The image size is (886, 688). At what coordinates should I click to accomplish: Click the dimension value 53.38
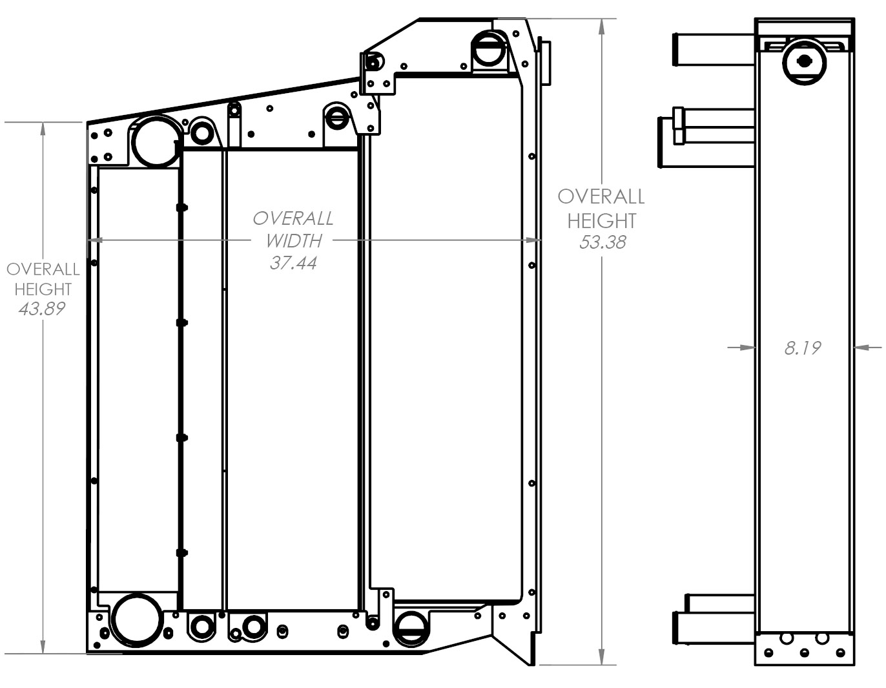coord(602,243)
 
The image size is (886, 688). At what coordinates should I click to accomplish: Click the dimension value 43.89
coord(42,309)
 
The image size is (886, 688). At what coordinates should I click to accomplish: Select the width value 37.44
coord(293,263)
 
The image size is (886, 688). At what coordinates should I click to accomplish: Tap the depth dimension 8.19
coord(802,348)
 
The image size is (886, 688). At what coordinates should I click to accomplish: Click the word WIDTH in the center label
coord(293,241)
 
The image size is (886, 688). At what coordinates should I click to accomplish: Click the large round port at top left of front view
coord(155,141)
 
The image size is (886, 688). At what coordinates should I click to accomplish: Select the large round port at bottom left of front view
coord(136,619)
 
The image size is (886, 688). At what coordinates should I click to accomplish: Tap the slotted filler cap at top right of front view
coord(489,49)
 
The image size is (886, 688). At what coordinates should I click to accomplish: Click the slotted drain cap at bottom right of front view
coord(411,627)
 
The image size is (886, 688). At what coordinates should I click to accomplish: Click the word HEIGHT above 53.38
coord(602,221)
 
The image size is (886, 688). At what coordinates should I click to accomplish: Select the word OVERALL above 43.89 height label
coord(43,269)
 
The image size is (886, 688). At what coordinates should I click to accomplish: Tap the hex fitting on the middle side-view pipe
coord(678,126)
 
